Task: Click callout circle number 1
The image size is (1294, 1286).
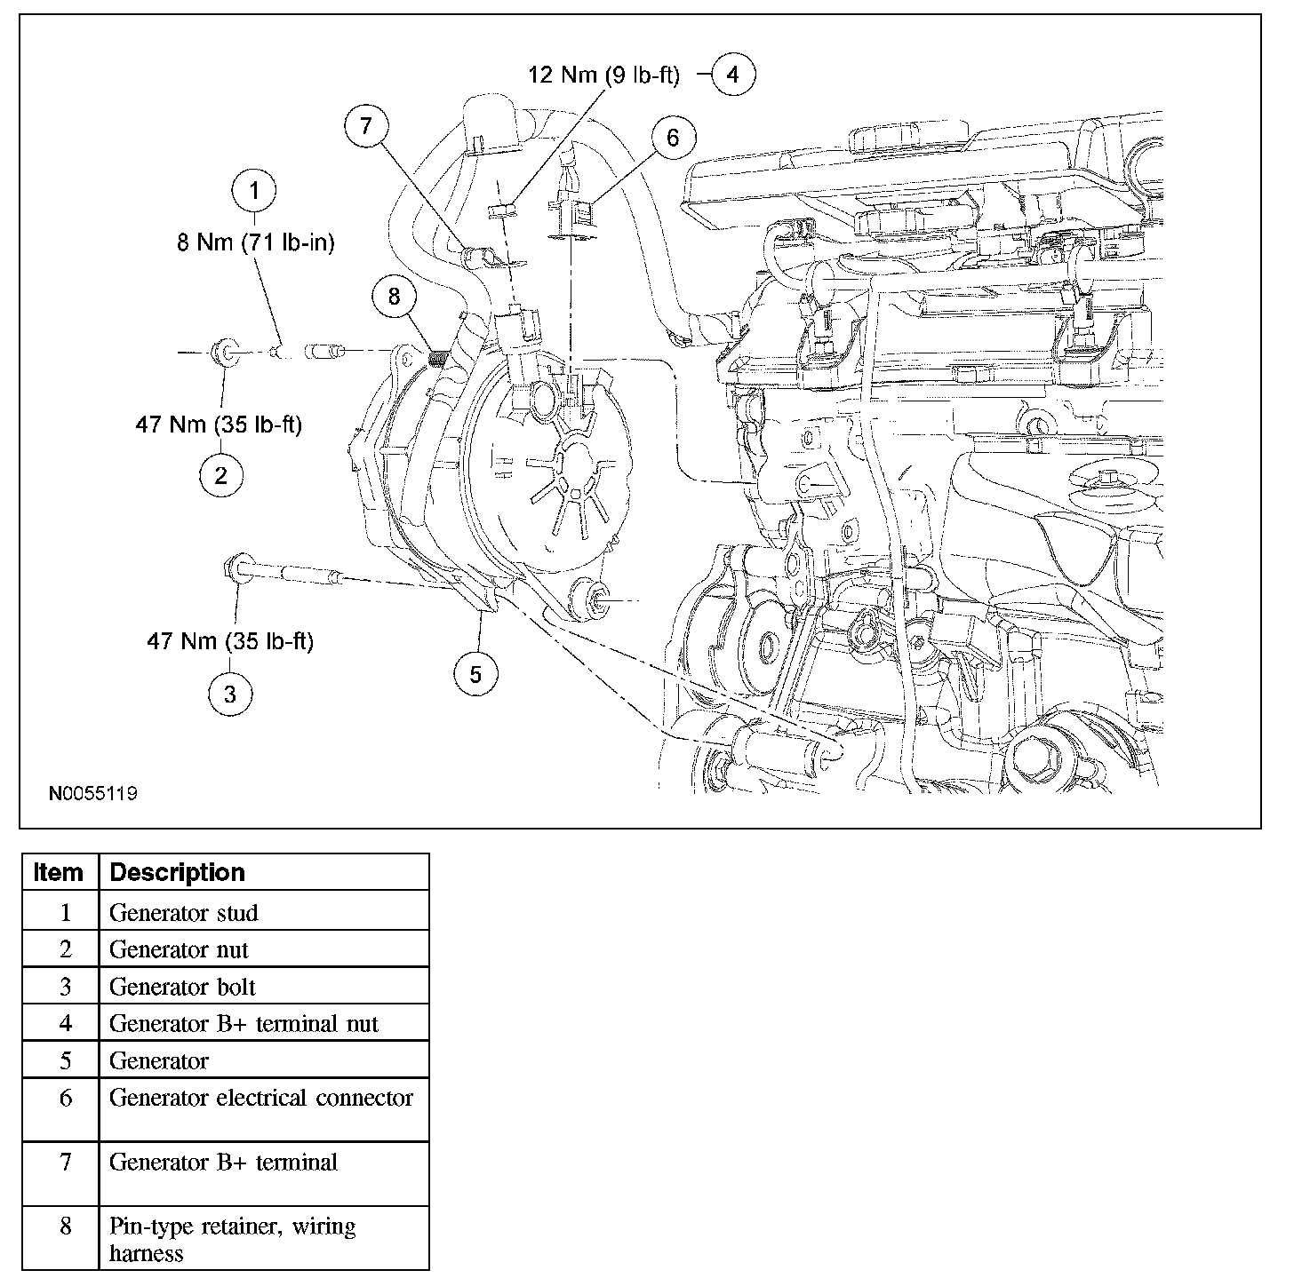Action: click(x=255, y=190)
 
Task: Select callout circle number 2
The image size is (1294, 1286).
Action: click(x=220, y=476)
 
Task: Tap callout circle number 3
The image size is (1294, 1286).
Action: click(x=230, y=693)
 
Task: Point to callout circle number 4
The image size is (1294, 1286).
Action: click(x=733, y=75)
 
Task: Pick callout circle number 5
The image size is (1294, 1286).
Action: click(x=476, y=675)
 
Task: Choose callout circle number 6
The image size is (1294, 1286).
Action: click(x=673, y=138)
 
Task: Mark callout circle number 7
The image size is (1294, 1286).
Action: click(x=367, y=125)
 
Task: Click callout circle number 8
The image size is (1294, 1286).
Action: click(x=395, y=296)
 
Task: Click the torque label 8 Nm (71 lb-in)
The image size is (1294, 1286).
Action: click(x=256, y=242)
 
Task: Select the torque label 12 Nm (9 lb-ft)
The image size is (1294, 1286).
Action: click(x=604, y=75)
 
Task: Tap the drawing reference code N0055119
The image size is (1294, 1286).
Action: click(x=93, y=793)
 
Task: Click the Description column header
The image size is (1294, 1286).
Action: click(x=177, y=873)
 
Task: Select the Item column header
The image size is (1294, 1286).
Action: click(x=59, y=873)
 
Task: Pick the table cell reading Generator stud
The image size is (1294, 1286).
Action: click(x=184, y=913)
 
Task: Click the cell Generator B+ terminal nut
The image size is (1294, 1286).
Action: click(x=244, y=1024)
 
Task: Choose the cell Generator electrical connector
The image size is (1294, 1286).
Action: click(x=261, y=1099)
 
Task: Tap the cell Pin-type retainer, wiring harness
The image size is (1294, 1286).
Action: click(x=233, y=1240)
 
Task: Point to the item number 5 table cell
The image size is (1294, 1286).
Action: click(x=65, y=1061)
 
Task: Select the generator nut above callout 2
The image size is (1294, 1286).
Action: click(x=225, y=353)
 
